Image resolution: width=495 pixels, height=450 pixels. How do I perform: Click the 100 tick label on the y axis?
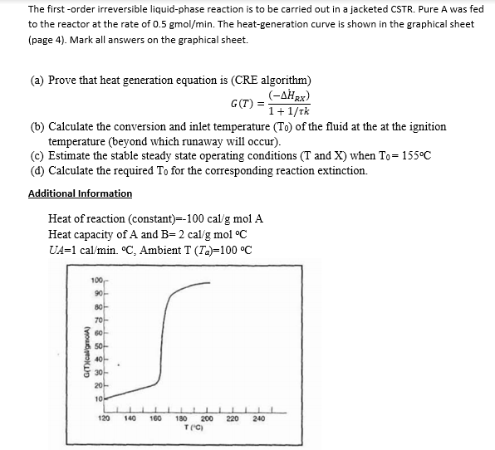(x=96, y=286)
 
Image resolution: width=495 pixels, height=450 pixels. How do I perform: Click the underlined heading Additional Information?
(x=80, y=193)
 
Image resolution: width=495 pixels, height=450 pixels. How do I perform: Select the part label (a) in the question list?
(x=37, y=81)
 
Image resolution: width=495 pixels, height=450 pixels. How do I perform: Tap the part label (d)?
(x=37, y=170)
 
